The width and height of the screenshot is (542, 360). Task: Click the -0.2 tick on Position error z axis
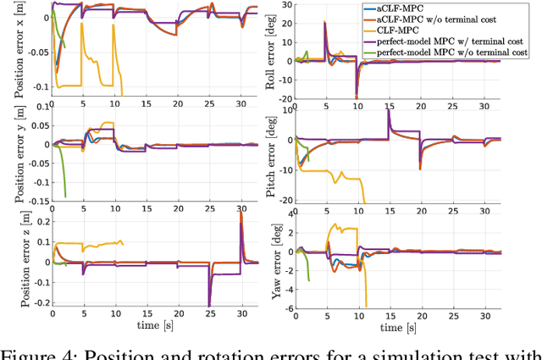[x=36, y=302]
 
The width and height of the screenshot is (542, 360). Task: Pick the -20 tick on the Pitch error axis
[x=285, y=200]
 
